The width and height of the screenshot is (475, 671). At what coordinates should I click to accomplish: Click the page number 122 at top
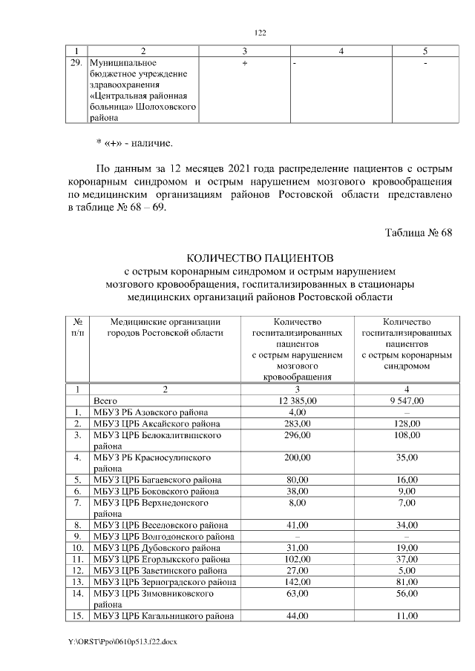[260, 33]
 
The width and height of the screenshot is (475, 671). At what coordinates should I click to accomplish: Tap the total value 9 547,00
[407, 400]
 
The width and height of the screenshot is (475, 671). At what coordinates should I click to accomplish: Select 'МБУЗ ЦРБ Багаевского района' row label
[153, 480]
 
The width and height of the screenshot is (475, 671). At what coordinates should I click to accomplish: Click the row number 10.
[77, 548]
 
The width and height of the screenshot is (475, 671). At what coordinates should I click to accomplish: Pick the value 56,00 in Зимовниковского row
[407, 594]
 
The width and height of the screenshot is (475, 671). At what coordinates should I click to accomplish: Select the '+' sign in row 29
[244, 65]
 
